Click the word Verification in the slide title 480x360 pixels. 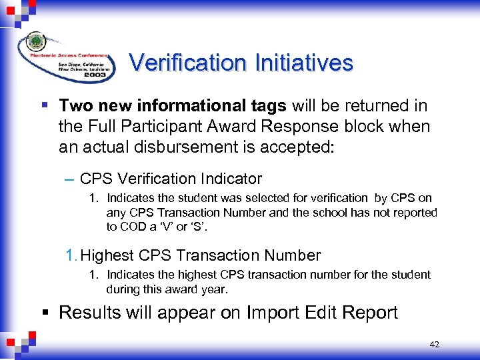coord(188,63)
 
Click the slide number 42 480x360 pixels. coord(435,345)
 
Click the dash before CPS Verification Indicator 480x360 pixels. coord(70,179)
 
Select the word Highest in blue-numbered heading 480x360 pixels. coord(107,255)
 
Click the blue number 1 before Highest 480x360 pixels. coord(70,255)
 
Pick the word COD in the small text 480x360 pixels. coord(132,226)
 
